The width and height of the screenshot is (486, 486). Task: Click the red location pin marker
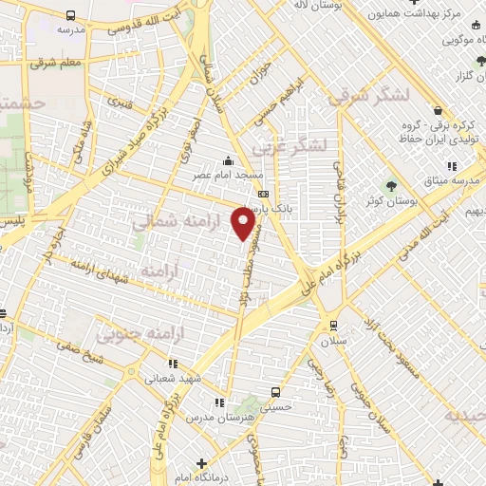245,223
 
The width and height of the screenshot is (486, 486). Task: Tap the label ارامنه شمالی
171,222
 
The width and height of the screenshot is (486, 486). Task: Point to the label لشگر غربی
291,145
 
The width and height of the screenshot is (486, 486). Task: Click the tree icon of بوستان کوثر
390,186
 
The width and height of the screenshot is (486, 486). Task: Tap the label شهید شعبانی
174,378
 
